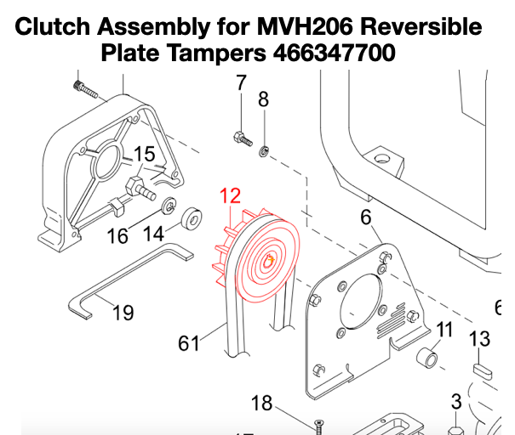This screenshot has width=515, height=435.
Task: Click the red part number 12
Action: (x=231, y=197)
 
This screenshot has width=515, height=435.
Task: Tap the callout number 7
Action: (x=240, y=83)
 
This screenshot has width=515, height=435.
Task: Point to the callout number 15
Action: (x=145, y=155)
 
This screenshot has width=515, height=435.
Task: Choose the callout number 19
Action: (x=123, y=313)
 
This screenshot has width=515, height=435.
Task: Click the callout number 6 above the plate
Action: (x=366, y=217)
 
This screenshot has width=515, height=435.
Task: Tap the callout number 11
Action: (x=444, y=329)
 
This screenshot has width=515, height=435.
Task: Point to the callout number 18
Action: (x=261, y=402)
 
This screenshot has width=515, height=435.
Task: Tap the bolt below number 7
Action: (x=243, y=137)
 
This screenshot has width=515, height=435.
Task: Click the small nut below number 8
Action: (x=265, y=150)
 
